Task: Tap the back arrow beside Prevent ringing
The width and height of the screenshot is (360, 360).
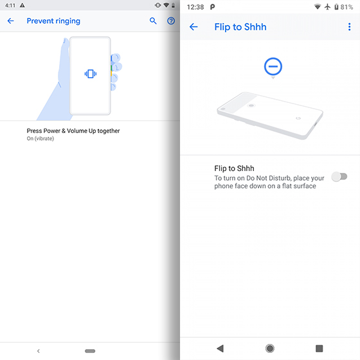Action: (x=10, y=21)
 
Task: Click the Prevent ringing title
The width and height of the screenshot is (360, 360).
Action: (x=53, y=21)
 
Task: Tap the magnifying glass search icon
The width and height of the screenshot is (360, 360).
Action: (x=153, y=21)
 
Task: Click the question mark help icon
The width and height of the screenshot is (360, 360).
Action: (x=171, y=21)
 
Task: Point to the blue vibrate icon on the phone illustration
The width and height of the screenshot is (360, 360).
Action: (x=90, y=73)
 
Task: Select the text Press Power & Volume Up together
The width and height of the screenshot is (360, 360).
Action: (x=73, y=131)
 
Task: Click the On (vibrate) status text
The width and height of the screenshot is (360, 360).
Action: (x=40, y=139)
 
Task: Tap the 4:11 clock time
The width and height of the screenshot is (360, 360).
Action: (x=9, y=5)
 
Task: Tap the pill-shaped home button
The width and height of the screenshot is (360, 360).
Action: (x=90, y=351)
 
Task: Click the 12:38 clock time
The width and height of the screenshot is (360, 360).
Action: (x=195, y=6)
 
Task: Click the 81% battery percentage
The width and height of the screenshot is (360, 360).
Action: (x=346, y=6)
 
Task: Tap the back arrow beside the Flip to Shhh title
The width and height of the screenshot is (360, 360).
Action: (x=194, y=27)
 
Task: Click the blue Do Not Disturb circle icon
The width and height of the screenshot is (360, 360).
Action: (x=273, y=66)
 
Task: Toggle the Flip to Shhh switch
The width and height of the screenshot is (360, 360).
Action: (x=339, y=177)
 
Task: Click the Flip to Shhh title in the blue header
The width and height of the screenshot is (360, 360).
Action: (x=240, y=27)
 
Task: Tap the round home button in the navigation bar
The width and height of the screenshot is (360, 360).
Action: (x=270, y=348)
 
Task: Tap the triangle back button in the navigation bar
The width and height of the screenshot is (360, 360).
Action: (x=220, y=348)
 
